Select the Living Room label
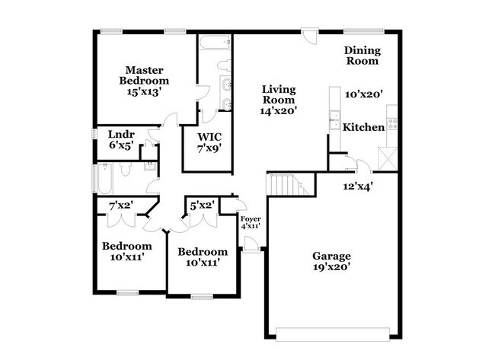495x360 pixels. click(x=279, y=94)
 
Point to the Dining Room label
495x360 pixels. click(x=362, y=55)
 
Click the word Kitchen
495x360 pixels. click(x=363, y=127)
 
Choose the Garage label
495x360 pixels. click(x=331, y=256)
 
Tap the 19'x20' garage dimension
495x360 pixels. click(x=331, y=267)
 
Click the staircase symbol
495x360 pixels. click(x=289, y=183)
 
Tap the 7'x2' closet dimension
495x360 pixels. click(x=121, y=205)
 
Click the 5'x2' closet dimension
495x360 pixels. click(x=201, y=205)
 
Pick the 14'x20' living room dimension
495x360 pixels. click(x=279, y=110)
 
